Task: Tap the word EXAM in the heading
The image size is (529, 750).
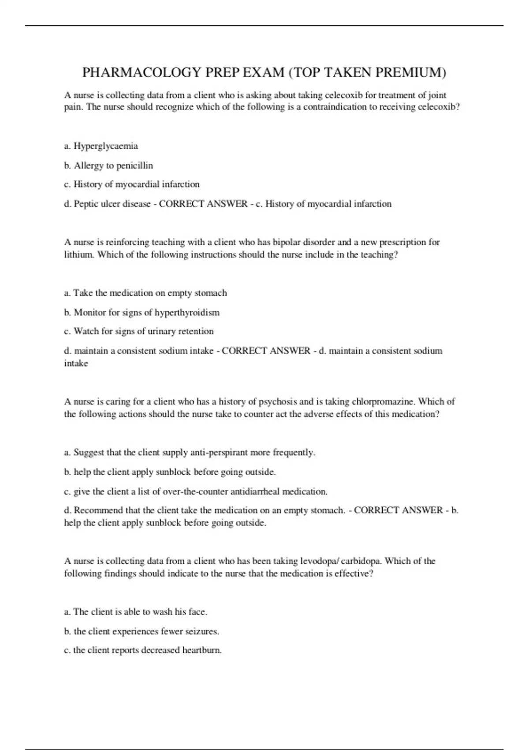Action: (262, 72)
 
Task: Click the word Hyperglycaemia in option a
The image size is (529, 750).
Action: (106, 146)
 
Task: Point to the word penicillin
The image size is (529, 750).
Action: (135, 165)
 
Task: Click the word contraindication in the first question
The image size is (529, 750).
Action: (334, 107)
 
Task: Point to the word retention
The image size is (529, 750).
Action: (196, 331)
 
